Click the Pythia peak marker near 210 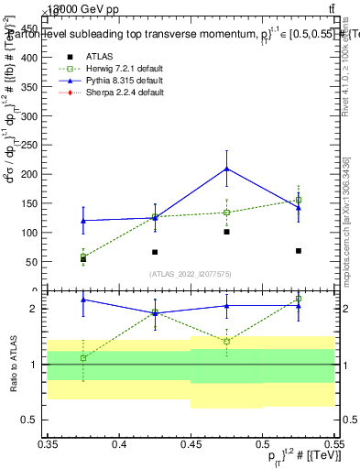point(226,169)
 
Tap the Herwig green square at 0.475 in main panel point(226,213)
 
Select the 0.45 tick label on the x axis point(190,445)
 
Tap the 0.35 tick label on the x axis point(47,445)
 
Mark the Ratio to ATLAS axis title point(12,365)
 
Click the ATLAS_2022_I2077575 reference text point(190,274)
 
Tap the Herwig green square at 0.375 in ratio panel point(83,357)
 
